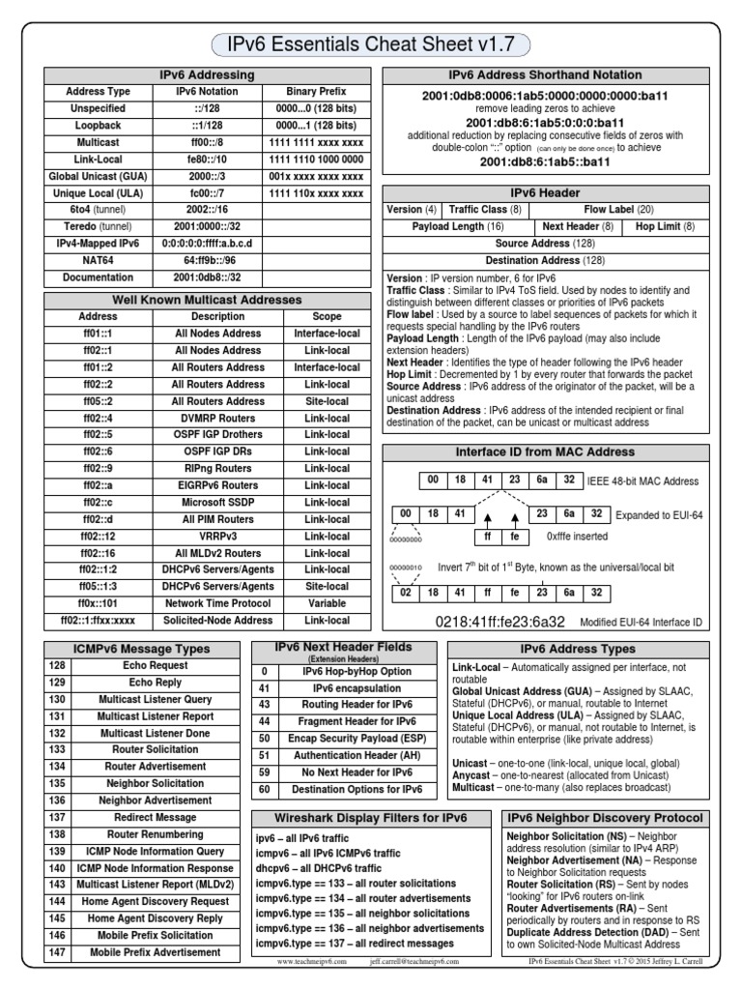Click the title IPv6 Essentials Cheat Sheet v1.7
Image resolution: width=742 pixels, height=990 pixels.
tap(370, 44)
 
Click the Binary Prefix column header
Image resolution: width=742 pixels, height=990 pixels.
tap(319, 91)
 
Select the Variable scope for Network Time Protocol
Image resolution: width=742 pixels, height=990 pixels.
tap(327, 602)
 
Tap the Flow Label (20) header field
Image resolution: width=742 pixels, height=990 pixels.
tap(617, 209)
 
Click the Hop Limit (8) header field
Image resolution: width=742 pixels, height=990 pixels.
tap(664, 226)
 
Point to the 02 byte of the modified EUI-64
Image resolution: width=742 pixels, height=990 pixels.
tap(406, 593)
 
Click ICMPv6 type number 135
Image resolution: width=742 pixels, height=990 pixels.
tap(57, 783)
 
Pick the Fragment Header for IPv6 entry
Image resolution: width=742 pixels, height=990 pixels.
tap(358, 722)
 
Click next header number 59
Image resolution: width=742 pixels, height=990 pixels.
tap(264, 772)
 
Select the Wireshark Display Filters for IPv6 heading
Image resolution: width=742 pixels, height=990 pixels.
tap(372, 817)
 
